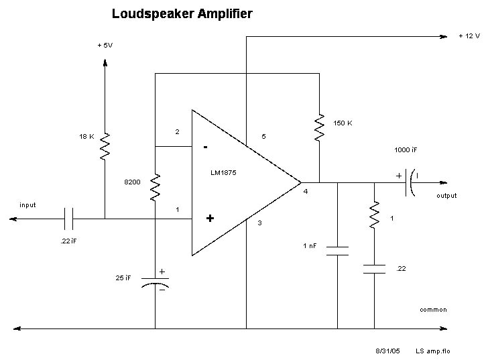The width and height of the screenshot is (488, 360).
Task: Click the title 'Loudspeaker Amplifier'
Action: pyautogui.click(x=182, y=13)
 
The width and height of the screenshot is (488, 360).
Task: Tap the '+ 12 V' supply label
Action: pyautogui.click(x=469, y=36)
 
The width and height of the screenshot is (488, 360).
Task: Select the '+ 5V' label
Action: pyautogui.click(x=106, y=45)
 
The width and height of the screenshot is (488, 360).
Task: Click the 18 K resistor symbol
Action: pyautogui.click(x=105, y=146)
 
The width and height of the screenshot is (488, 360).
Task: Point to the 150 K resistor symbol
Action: pyautogui.click(x=320, y=127)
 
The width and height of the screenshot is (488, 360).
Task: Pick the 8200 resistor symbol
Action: pyautogui.click(x=155, y=187)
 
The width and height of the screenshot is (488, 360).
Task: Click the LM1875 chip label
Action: pyautogui.click(x=223, y=172)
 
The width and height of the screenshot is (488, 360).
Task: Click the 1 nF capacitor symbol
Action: pyautogui.click(x=337, y=251)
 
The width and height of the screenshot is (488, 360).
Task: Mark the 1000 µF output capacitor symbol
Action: pyautogui.click(x=410, y=182)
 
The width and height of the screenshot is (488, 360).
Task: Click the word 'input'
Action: pyautogui.click(x=27, y=204)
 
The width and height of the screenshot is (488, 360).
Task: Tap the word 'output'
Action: pyautogui.click(x=446, y=196)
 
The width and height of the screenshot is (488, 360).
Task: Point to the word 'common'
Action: pyautogui.click(x=433, y=310)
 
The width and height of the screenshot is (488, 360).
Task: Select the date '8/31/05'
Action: pyautogui.click(x=387, y=351)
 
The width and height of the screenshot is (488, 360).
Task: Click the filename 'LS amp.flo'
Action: pyautogui.click(x=430, y=351)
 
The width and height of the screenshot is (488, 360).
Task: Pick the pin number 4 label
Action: pyautogui.click(x=305, y=192)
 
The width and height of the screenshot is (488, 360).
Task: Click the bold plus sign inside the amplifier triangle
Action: pyautogui.click(x=210, y=218)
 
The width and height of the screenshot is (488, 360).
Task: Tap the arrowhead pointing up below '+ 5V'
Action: pyautogui.click(x=105, y=62)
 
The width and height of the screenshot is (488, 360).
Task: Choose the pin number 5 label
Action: pyautogui.click(x=263, y=137)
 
